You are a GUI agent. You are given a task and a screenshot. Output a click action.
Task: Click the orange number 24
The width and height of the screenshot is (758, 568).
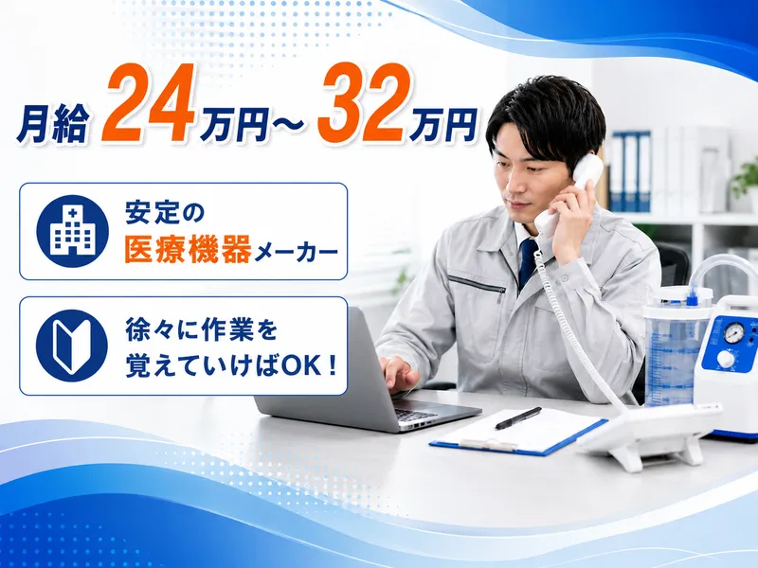pos(148,103)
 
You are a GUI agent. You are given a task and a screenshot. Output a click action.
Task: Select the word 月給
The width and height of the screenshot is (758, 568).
pos(53,126)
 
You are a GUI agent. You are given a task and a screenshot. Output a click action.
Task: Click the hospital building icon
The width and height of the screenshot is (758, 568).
pos(73,231)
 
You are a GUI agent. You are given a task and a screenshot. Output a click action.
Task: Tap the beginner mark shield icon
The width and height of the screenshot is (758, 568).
pos(72,346)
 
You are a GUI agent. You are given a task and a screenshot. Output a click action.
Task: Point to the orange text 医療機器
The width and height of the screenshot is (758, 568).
pos(188,249)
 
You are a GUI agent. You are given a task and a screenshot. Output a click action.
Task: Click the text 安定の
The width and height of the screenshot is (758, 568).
pos(158,212)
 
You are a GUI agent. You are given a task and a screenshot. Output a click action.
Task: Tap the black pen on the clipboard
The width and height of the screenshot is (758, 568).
pos(518,417)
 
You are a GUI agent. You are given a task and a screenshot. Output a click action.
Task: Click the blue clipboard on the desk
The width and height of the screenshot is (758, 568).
pos(517,432)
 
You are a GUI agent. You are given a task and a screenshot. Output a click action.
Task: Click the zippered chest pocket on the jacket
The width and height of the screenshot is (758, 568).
pos(477,286)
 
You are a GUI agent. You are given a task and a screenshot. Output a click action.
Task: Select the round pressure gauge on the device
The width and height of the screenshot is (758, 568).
pos(735,333)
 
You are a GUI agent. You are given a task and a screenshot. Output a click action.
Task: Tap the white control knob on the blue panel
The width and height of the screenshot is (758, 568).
pos(726,360)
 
